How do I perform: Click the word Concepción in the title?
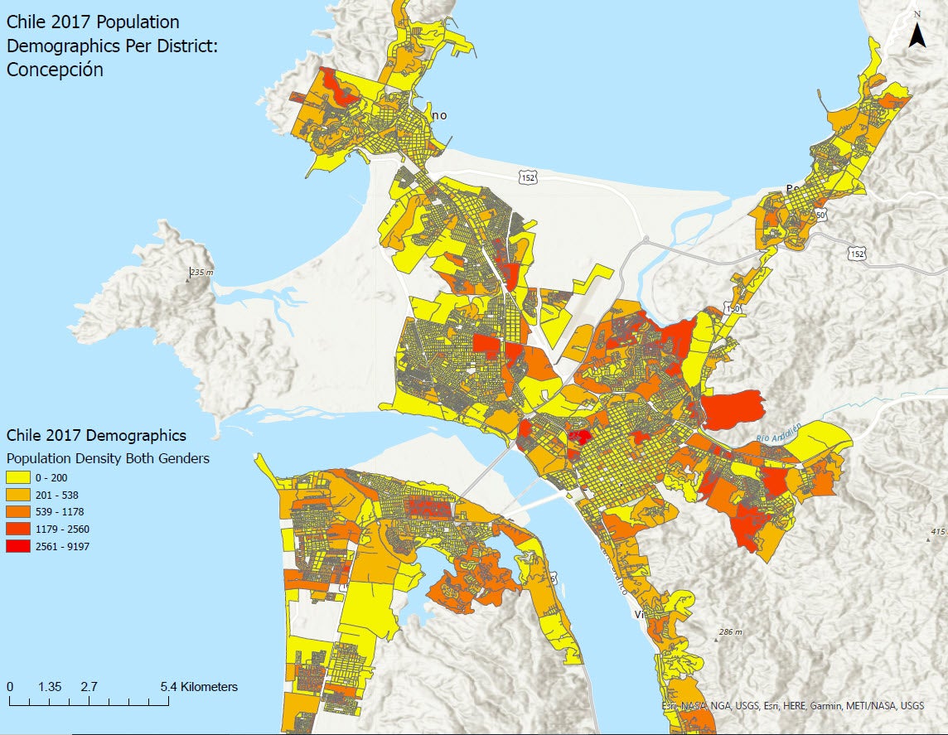[55, 70]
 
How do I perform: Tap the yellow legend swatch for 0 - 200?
[17, 477]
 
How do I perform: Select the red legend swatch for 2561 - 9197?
[17, 546]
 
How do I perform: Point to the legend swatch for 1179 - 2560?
[17, 529]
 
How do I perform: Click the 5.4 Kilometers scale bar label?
[199, 687]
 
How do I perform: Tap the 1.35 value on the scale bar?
[50, 687]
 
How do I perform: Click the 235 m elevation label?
[201, 273]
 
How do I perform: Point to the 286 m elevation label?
[730, 632]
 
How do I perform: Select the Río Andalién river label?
[779, 433]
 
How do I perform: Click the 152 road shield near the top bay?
[528, 176]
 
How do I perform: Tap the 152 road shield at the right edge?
[856, 254]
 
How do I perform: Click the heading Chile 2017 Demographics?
[96, 435]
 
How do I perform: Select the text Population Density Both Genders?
[108, 458]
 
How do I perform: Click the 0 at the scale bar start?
[9, 687]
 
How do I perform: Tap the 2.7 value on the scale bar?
[89, 687]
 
